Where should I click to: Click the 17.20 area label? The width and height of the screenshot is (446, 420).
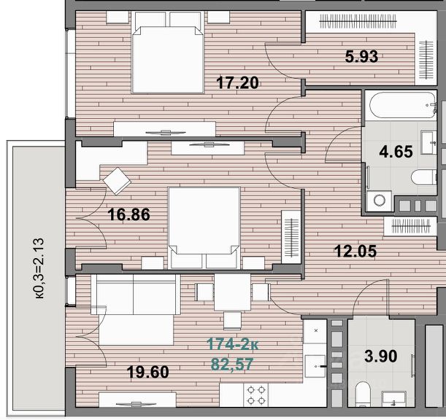point(237,83)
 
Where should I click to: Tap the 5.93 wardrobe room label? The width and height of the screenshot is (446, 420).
point(361,56)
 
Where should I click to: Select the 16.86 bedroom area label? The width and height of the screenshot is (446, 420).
point(129,214)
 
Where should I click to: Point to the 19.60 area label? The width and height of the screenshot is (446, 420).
point(148,372)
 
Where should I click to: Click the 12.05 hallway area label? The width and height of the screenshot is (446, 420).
point(355,252)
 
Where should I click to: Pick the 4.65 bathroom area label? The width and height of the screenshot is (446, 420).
point(396,152)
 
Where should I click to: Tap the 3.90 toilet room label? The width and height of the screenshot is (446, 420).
point(381,356)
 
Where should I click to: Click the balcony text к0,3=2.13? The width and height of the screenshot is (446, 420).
point(39,268)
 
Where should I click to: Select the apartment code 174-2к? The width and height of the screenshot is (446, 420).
point(233,344)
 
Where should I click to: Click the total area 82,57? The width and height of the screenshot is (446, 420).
point(232,365)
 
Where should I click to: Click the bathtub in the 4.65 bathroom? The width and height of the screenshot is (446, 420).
point(401,105)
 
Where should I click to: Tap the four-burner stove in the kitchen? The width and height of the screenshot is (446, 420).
point(255,395)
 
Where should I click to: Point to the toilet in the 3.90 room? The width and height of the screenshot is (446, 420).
point(364,394)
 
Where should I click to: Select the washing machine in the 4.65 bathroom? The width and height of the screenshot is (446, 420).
point(379,201)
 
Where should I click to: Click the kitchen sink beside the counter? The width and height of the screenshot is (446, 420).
point(315,366)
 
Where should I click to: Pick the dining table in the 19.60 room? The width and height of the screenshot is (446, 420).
point(232,292)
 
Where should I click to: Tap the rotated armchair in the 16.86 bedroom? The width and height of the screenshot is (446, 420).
point(117,181)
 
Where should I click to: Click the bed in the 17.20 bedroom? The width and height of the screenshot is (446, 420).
point(168,52)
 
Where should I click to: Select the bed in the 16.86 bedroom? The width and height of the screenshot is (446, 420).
point(204,227)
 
